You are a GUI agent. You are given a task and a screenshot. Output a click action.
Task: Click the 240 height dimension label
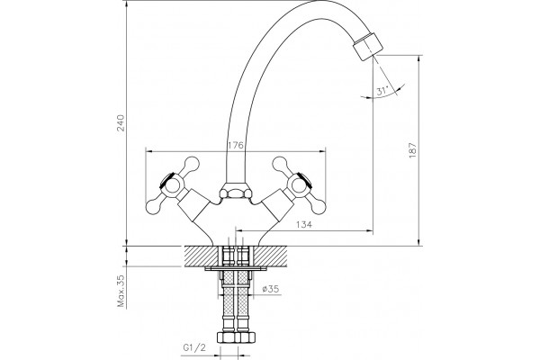click(121, 123)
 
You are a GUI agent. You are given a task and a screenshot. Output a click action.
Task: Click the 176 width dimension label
click(236, 145)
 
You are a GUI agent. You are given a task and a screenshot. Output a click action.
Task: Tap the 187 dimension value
click(412, 150)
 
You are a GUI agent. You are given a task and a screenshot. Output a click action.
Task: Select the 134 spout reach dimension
click(304, 225)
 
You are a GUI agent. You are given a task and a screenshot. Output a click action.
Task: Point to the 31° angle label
click(382, 91)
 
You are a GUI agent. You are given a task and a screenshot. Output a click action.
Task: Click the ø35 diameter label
click(270, 289)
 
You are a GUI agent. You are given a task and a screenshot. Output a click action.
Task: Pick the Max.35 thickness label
click(121, 292)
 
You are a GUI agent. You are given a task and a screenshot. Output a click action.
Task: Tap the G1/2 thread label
click(194, 348)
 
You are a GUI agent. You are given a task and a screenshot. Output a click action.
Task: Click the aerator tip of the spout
click(367, 47)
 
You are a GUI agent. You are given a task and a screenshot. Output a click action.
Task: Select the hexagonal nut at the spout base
click(235, 192)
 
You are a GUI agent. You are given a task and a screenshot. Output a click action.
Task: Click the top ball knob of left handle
click(192, 164)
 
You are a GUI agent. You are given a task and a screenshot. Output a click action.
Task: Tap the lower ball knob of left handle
click(154, 206)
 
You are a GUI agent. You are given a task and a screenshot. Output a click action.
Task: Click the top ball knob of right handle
click(280, 164)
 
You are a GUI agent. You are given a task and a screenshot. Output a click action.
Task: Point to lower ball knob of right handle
click(318, 206)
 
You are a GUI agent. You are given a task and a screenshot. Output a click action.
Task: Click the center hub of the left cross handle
click(171, 186)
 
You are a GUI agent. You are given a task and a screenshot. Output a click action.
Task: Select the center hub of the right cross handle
click(301, 186)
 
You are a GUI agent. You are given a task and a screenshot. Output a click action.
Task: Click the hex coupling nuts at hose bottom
click(235, 337)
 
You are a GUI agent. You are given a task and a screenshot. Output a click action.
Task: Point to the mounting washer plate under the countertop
click(236, 268)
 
